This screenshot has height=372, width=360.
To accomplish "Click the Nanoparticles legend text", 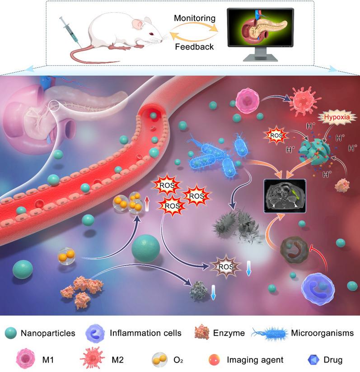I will click(47, 334).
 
